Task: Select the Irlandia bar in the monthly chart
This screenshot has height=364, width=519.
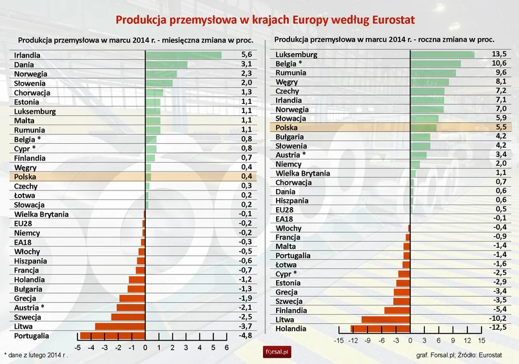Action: point(183,56)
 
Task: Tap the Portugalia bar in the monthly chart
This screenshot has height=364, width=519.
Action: point(112,336)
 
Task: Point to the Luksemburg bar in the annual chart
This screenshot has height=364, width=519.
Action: point(442,55)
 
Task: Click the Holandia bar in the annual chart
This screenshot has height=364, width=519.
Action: point(380,329)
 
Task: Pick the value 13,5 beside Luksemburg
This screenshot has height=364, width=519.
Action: point(498,55)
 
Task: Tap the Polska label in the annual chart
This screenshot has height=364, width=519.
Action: point(288,128)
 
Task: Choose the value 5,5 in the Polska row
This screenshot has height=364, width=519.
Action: point(500,128)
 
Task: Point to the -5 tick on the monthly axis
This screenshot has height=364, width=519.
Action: point(77,348)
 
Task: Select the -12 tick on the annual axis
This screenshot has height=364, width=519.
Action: point(353,341)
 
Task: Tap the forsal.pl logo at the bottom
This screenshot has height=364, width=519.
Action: point(278,352)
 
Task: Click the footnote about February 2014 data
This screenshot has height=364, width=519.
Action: point(36,355)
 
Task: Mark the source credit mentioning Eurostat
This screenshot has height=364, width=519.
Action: point(458,355)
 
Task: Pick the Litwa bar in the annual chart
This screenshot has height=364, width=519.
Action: point(386,319)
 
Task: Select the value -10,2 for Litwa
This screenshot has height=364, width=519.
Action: point(498,319)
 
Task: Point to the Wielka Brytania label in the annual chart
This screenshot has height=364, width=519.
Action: point(302,173)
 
